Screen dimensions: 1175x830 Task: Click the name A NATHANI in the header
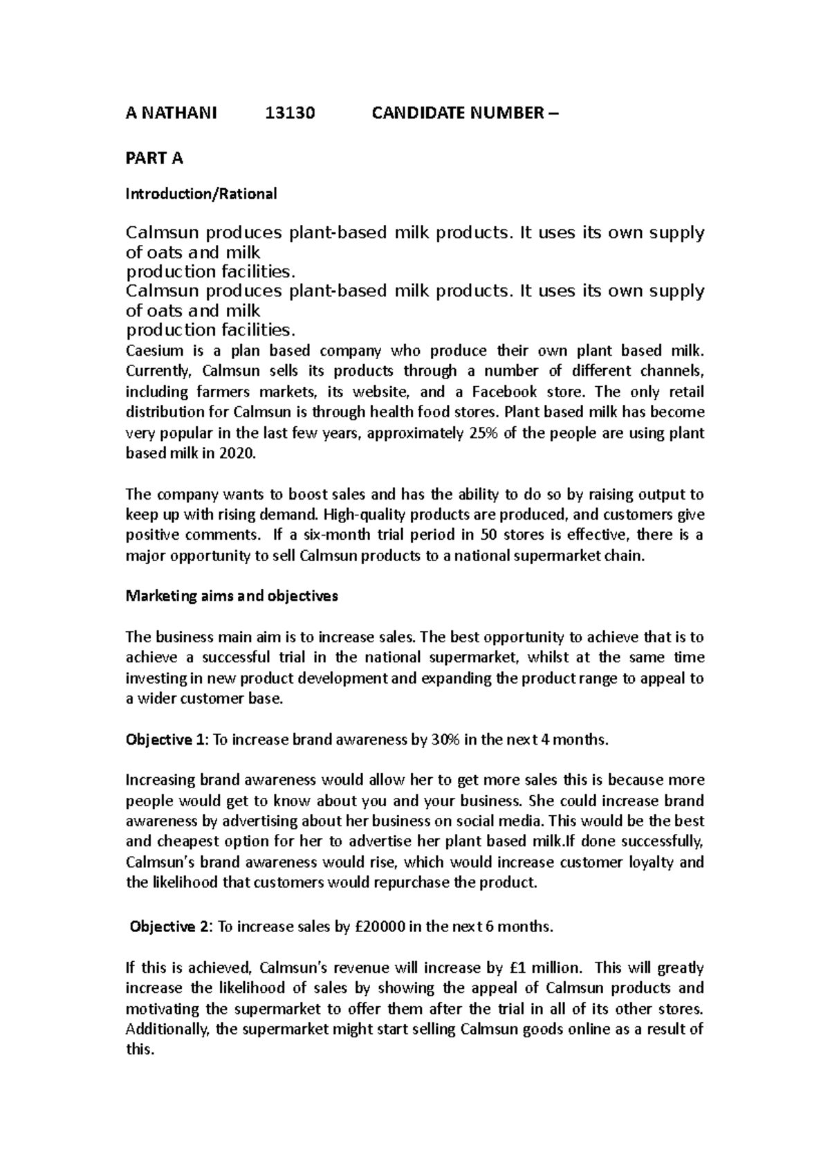[x=170, y=113]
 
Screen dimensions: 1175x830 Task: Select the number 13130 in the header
[x=290, y=113]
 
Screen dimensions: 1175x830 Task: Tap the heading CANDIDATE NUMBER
[x=456, y=113]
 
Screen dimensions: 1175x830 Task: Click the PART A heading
[x=154, y=158]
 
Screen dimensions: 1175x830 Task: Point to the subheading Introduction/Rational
[x=201, y=194]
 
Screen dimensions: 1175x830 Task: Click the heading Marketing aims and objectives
[x=231, y=596]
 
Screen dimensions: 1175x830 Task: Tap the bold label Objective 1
[x=165, y=740]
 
